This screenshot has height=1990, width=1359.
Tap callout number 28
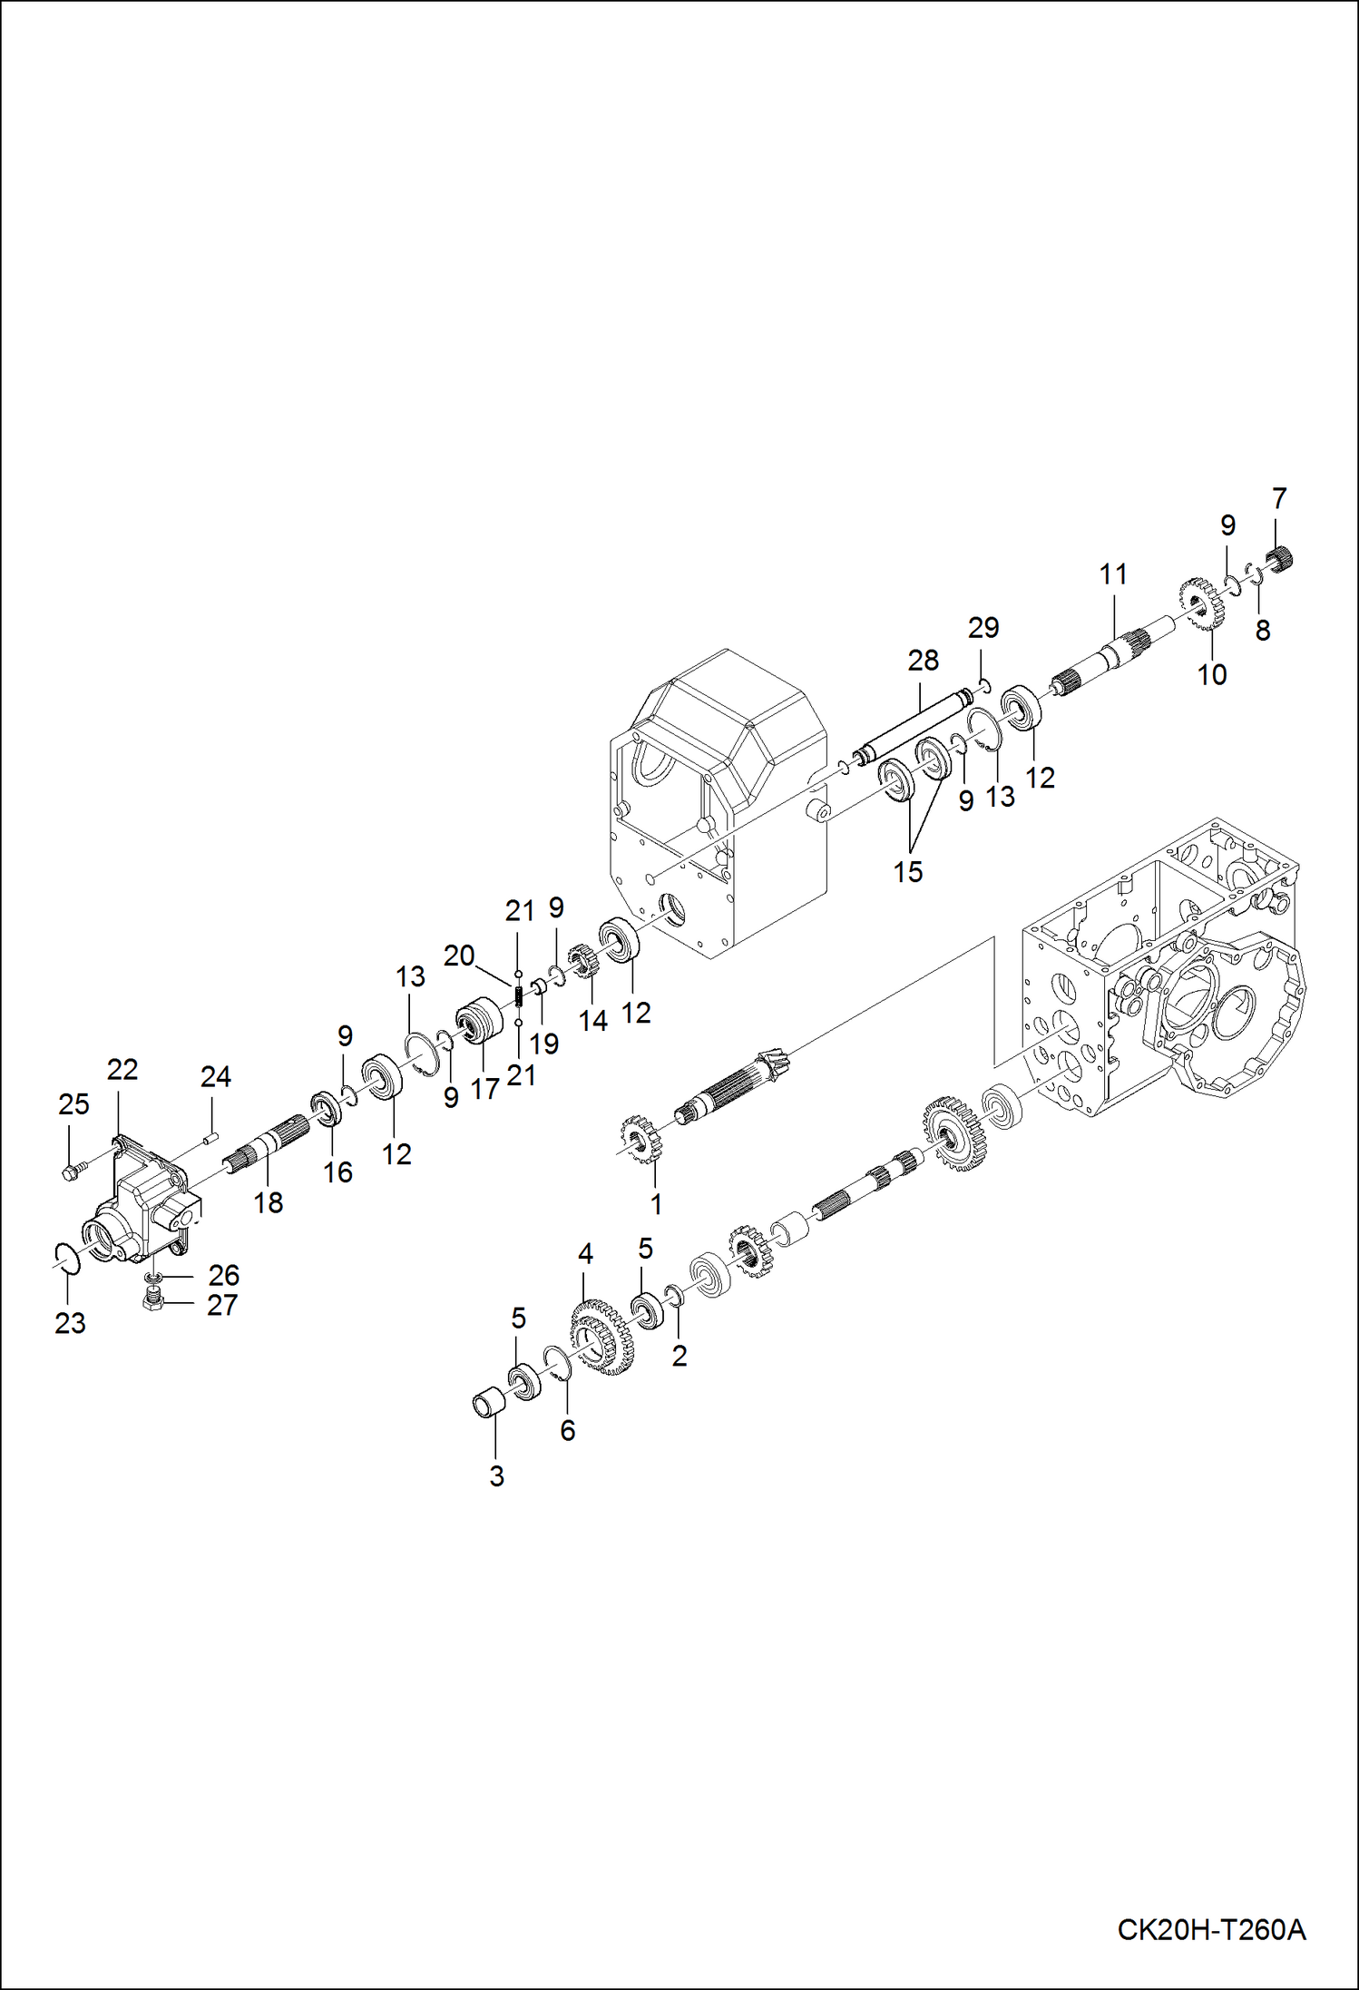[x=923, y=661]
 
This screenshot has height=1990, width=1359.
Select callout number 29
[x=983, y=628]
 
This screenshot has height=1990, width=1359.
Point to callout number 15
[x=907, y=872]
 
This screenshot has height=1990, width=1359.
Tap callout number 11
[x=1113, y=574]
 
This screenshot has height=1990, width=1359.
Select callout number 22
[x=122, y=1070]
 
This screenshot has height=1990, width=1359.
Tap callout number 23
[x=70, y=1323]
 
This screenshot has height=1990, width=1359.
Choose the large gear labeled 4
[x=603, y=1338]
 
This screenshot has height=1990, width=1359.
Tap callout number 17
[x=484, y=1088]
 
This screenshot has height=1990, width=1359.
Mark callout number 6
[x=567, y=1431]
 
